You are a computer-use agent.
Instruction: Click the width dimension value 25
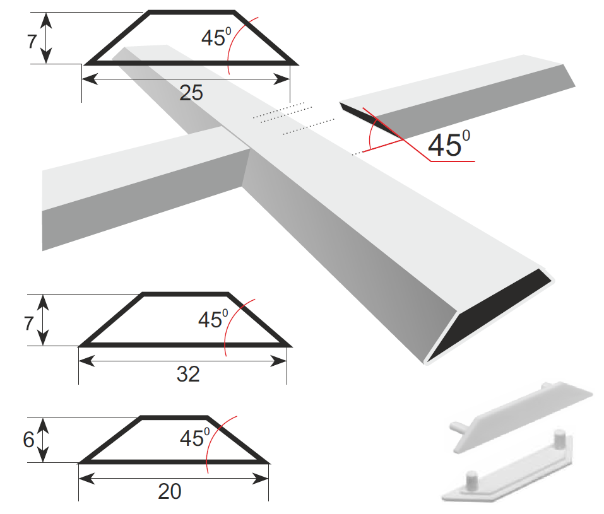[191, 93]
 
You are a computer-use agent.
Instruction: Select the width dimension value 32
[188, 374]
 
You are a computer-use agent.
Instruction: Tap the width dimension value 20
[170, 491]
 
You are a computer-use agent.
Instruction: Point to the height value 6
[28, 440]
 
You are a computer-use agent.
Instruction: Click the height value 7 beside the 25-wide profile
[32, 42]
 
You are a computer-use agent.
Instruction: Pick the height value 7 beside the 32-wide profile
[29, 324]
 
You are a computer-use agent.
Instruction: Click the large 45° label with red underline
[449, 144]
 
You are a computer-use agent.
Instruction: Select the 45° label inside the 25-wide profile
[216, 37]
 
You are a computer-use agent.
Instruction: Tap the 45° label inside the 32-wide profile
[213, 319]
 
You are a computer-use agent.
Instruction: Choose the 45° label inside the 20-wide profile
[195, 438]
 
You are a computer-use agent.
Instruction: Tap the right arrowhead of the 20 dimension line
[261, 479]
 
